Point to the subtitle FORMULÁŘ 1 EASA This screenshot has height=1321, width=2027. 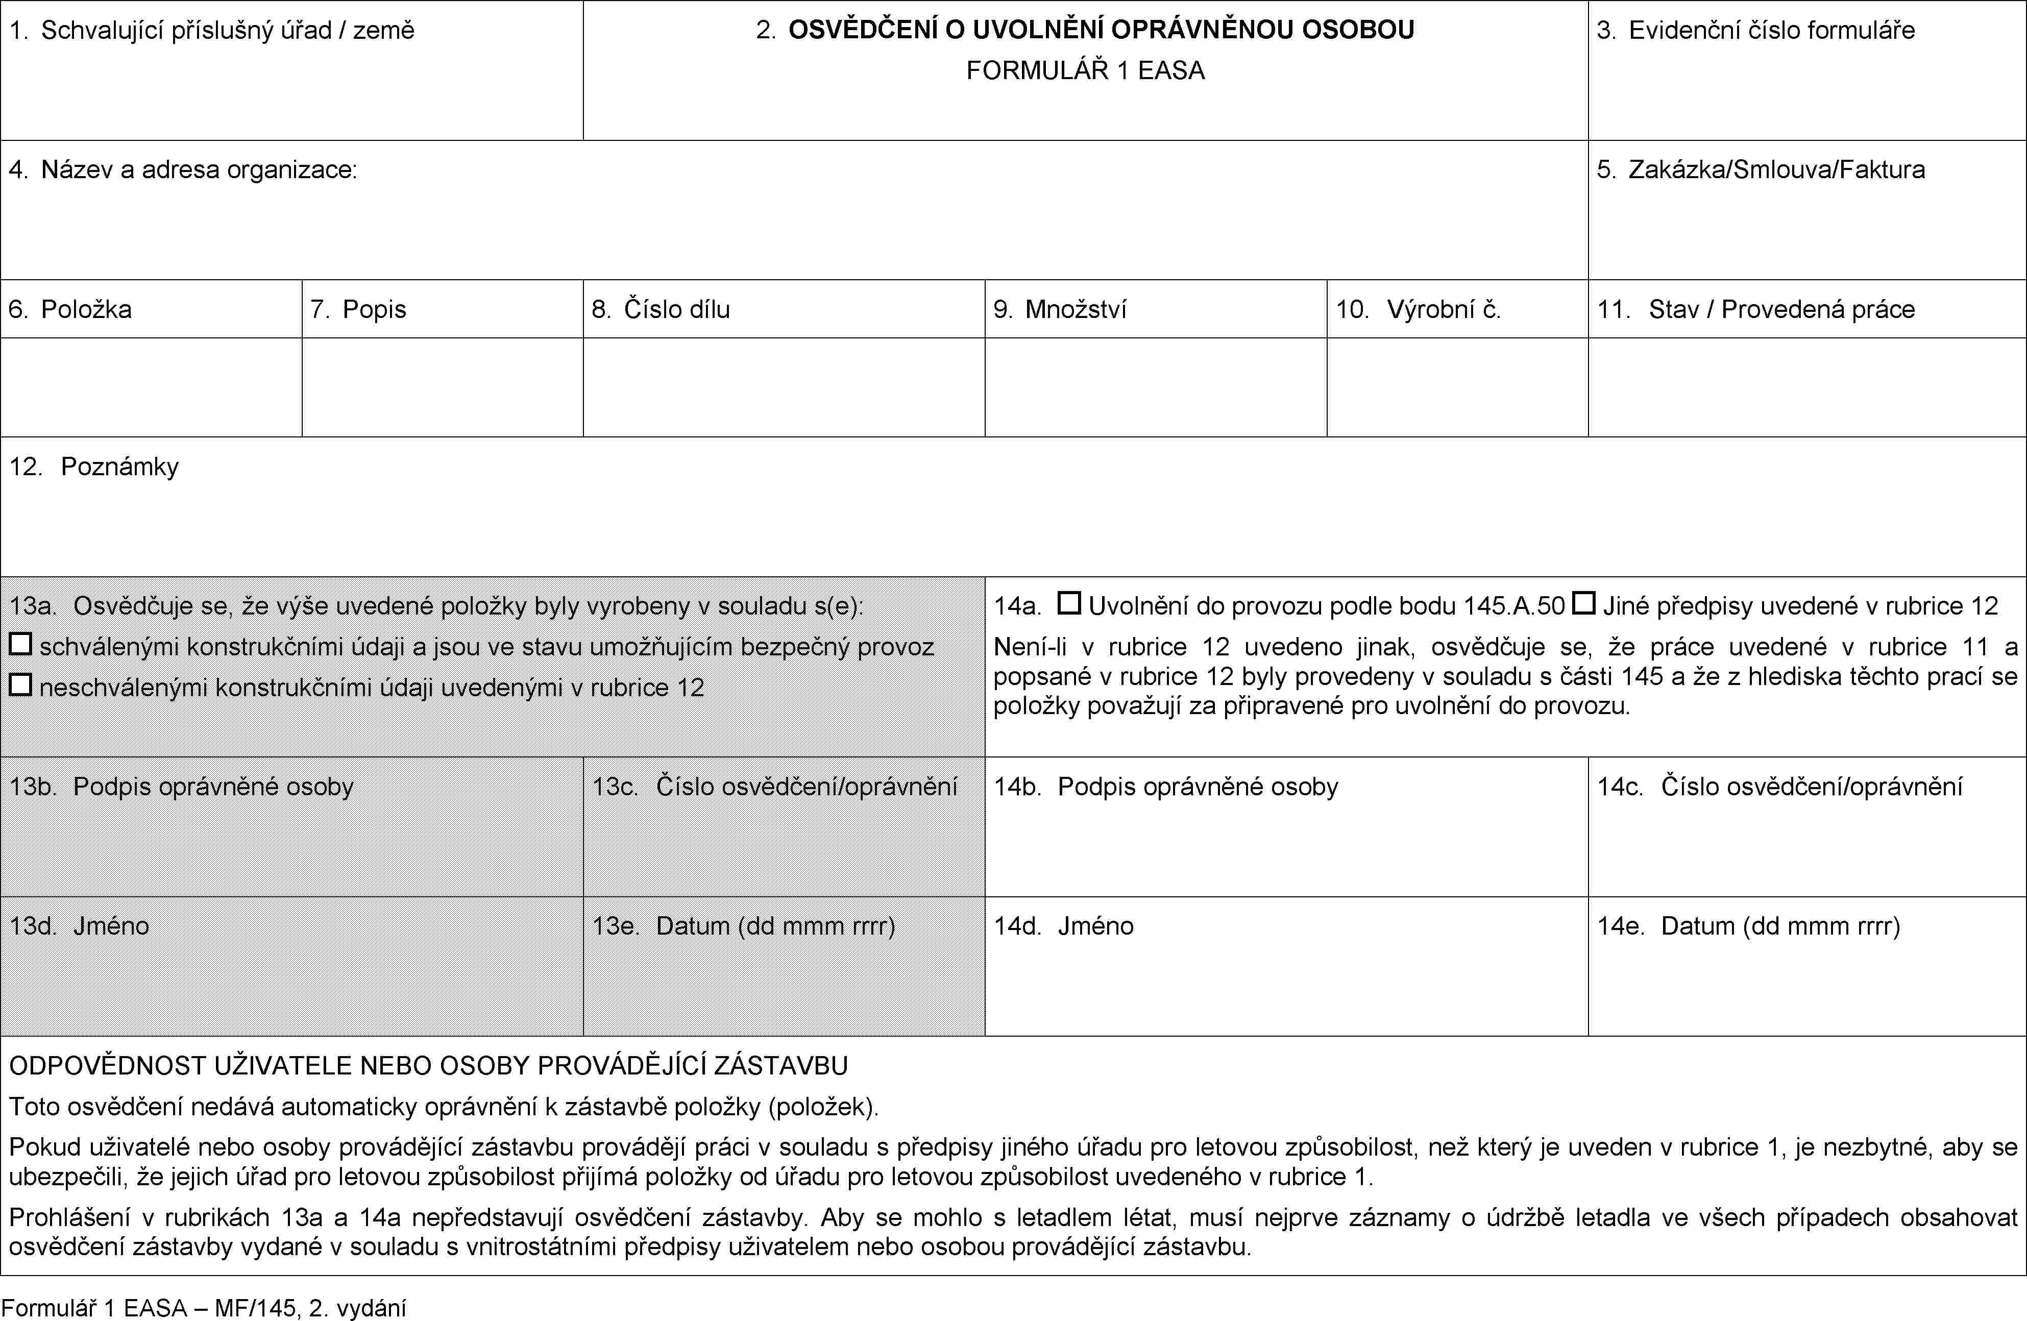[x=1085, y=70]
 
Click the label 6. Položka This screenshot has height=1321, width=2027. [x=70, y=309]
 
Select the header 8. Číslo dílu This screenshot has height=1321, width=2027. [x=661, y=309]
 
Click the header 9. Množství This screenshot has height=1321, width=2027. [x=1060, y=309]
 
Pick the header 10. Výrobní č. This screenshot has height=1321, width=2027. [x=1418, y=309]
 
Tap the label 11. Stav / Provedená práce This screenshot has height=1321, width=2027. [x=1755, y=309]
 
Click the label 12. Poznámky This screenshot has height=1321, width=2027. [x=94, y=467]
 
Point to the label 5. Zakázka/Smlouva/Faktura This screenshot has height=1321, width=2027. [x=1761, y=169]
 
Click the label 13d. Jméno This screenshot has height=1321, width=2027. [x=79, y=926]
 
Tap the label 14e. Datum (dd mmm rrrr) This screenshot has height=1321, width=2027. [x=1748, y=926]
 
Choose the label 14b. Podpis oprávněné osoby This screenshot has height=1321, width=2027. [x=1166, y=786]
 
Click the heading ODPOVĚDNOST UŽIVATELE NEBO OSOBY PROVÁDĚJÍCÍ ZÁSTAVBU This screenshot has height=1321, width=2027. [x=428, y=1065]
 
